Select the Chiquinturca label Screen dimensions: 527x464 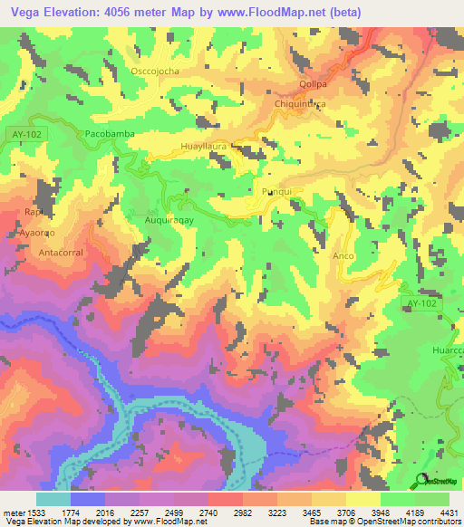pyautogui.click(x=300, y=104)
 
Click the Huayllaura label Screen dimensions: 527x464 pyautogui.click(x=207, y=144)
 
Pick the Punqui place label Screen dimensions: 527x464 pyautogui.click(x=276, y=193)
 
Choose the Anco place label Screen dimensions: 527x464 pyautogui.click(x=343, y=255)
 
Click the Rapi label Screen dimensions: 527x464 pyautogui.click(x=34, y=211)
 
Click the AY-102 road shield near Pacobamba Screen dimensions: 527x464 pyautogui.click(x=26, y=133)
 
